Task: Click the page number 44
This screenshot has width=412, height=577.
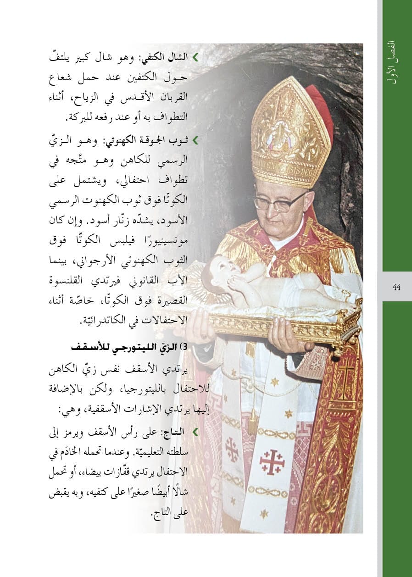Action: (x=397, y=287)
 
